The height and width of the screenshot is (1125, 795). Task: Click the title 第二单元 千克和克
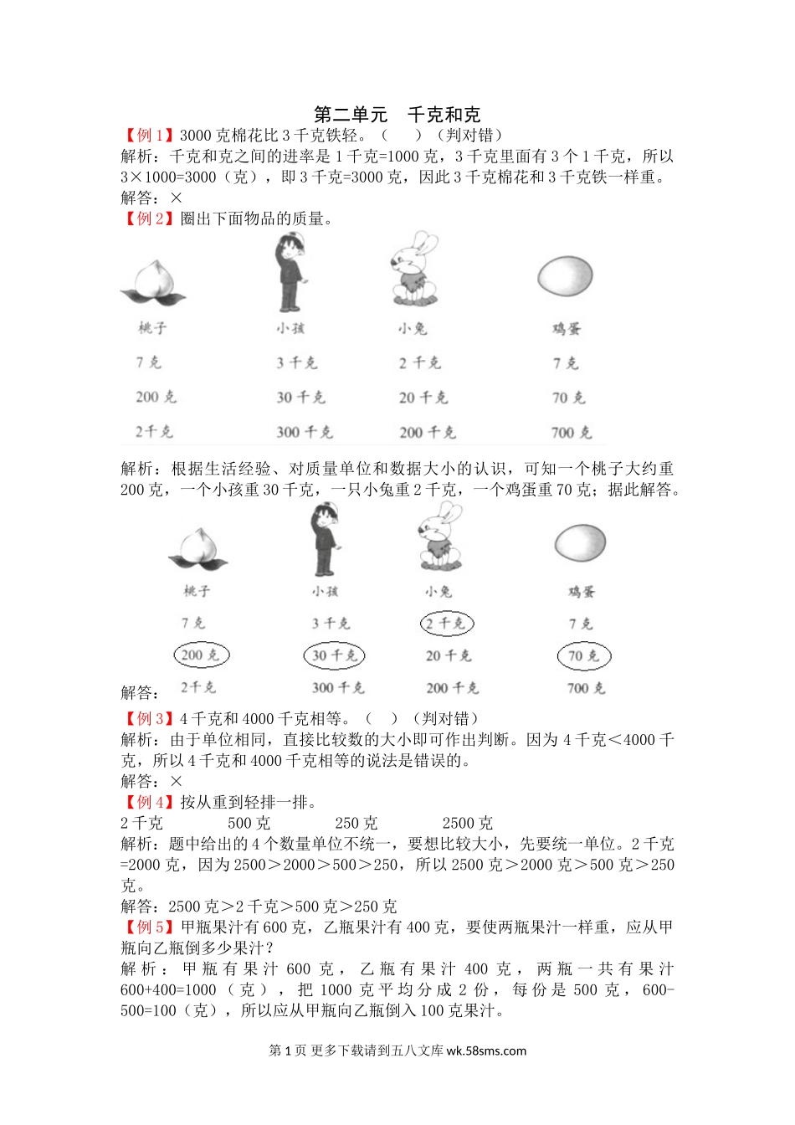[x=397, y=115]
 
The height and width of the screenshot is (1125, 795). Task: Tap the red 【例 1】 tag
[x=149, y=135]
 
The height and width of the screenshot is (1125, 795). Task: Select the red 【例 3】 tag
[x=149, y=718]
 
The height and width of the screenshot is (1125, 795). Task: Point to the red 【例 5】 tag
[x=149, y=927]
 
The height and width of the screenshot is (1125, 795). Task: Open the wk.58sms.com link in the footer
[x=486, y=1051]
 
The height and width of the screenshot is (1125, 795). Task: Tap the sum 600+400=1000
[x=168, y=990]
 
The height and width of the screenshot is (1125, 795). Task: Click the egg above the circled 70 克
[x=580, y=542]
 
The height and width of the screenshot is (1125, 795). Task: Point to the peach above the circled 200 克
[x=197, y=549]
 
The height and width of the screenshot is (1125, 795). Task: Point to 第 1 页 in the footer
[x=287, y=1051]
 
